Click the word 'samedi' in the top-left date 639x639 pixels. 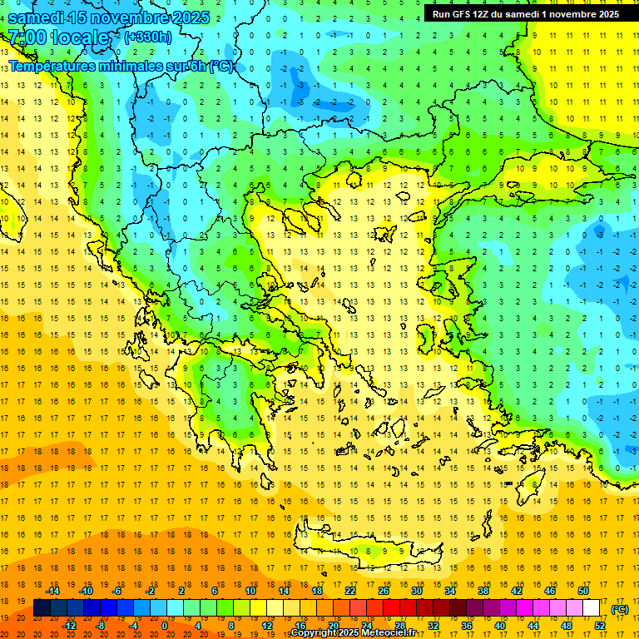tap(37, 17)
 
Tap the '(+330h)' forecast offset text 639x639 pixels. tap(148, 37)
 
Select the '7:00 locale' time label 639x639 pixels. tap(58, 37)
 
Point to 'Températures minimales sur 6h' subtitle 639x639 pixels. tap(121, 67)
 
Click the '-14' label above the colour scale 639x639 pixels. tap(52, 591)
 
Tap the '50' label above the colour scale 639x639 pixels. tap(582, 591)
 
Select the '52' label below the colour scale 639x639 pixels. tap(600, 625)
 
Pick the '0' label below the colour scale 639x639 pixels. tap(166, 625)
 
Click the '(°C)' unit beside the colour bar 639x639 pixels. tap(620, 609)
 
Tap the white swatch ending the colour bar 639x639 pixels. tap(591, 608)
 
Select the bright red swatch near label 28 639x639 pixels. tap(392, 608)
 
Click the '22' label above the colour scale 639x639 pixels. tap(350, 591)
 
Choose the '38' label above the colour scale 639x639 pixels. tap(483, 591)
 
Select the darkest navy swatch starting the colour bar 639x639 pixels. tap(42, 608)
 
